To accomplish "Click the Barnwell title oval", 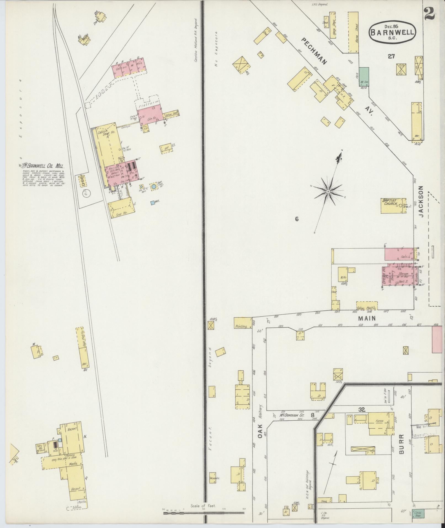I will (392, 32).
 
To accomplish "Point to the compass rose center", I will (328, 191).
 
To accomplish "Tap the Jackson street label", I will (421, 201).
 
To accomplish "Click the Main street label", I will (367, 318).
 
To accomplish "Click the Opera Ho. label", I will (384, 274).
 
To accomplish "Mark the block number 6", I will (297, 219).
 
